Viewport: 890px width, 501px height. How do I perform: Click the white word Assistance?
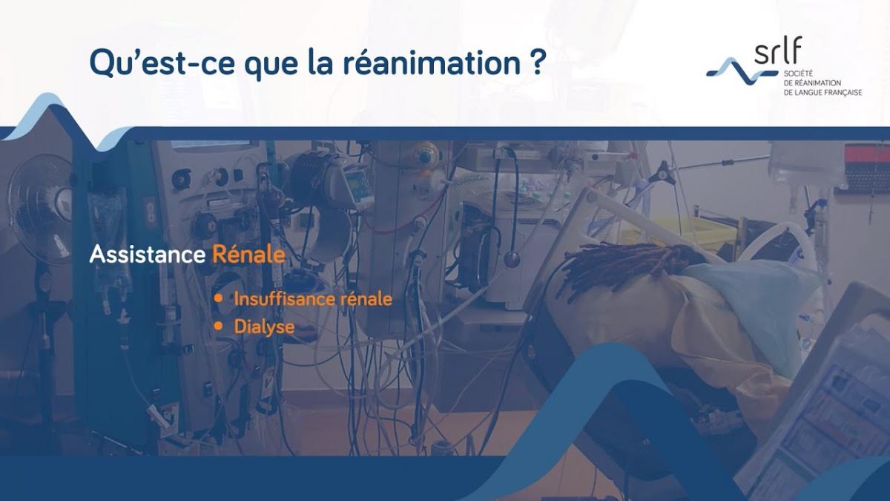coord(147,255)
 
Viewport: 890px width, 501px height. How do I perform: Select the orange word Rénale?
coord(248,255)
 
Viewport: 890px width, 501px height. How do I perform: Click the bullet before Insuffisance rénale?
coord(219,298)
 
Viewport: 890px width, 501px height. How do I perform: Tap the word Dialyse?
coord(264,327)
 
